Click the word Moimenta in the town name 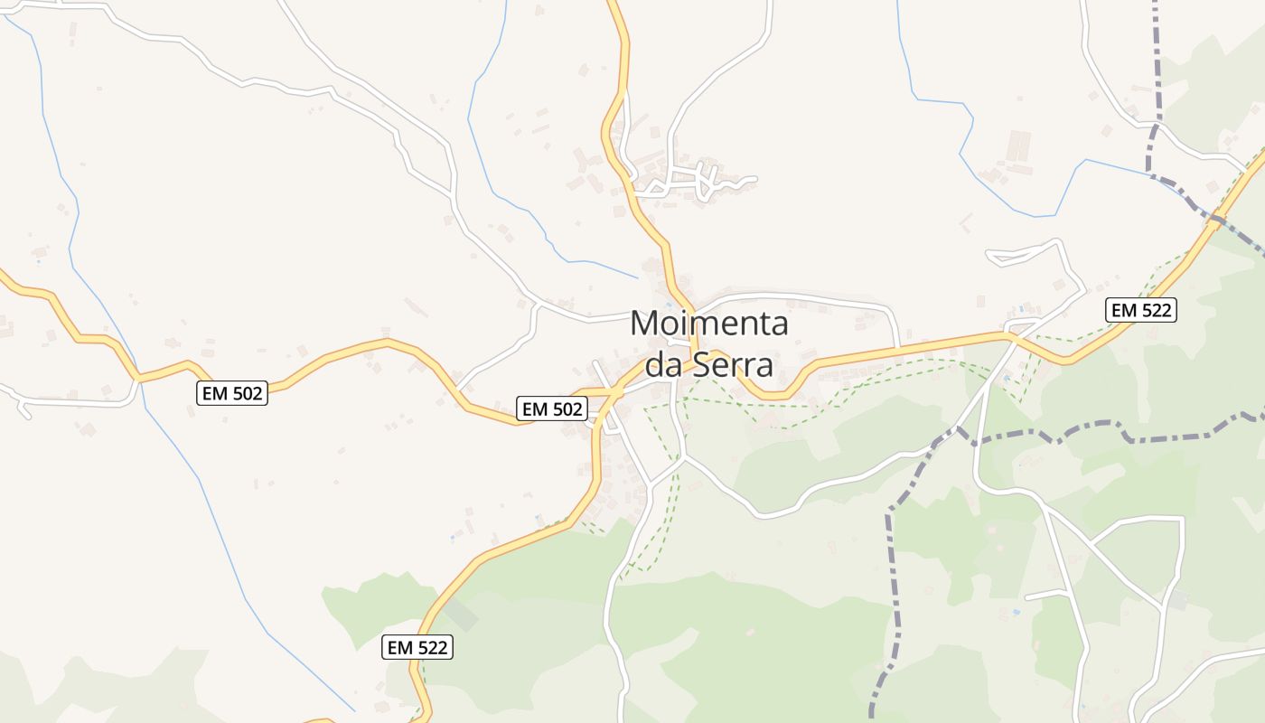(709, 324)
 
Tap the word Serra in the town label (733, 365)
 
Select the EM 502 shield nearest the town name (551, 408)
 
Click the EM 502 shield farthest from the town (232, 393)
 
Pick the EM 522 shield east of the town (1141, 310)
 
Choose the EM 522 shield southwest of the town (417, 647)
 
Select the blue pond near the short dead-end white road (1017, 613)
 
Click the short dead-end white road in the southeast (1046, 595)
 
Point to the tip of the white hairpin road (991, 258)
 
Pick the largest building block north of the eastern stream (1018, 146)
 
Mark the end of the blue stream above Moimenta (637, 277)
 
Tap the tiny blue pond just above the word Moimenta (669, 305)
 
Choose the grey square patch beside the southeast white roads (1177, 599)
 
